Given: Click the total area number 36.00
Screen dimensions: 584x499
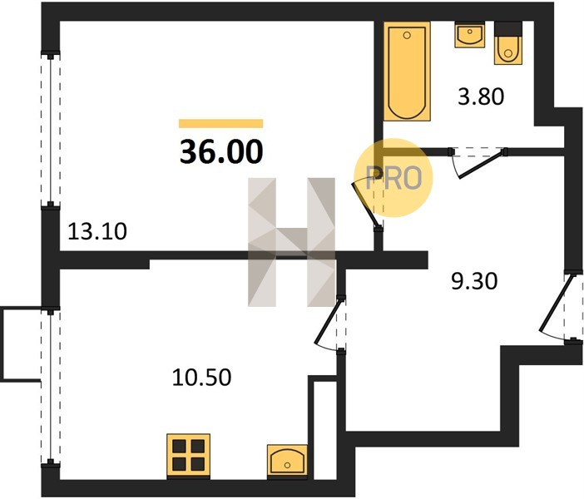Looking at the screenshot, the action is point(221,152).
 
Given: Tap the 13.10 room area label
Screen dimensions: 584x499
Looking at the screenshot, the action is point(97,231).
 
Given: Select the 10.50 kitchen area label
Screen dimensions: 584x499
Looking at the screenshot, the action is point(201,377).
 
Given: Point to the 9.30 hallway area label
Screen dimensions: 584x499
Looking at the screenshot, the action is point(474,281).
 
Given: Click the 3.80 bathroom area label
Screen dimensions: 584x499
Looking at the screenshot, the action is point(481,96).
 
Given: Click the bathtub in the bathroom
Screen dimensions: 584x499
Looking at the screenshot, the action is point(407,72).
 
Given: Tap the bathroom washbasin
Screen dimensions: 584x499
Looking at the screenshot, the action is point(470,35).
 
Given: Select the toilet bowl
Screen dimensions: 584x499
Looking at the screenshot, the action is point(508,50).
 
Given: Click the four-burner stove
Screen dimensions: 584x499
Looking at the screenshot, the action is point(189,456).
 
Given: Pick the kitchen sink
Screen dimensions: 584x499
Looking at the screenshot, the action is point(287,460).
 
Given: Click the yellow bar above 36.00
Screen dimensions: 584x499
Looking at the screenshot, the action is point(220,123).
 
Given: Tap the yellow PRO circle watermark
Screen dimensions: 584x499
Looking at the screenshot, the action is point(393,177).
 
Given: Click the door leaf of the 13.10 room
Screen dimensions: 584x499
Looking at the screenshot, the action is point(366,205).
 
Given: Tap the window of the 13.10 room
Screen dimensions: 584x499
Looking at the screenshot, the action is point(50,129).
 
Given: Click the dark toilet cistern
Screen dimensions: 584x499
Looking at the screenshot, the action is point(508,28).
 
